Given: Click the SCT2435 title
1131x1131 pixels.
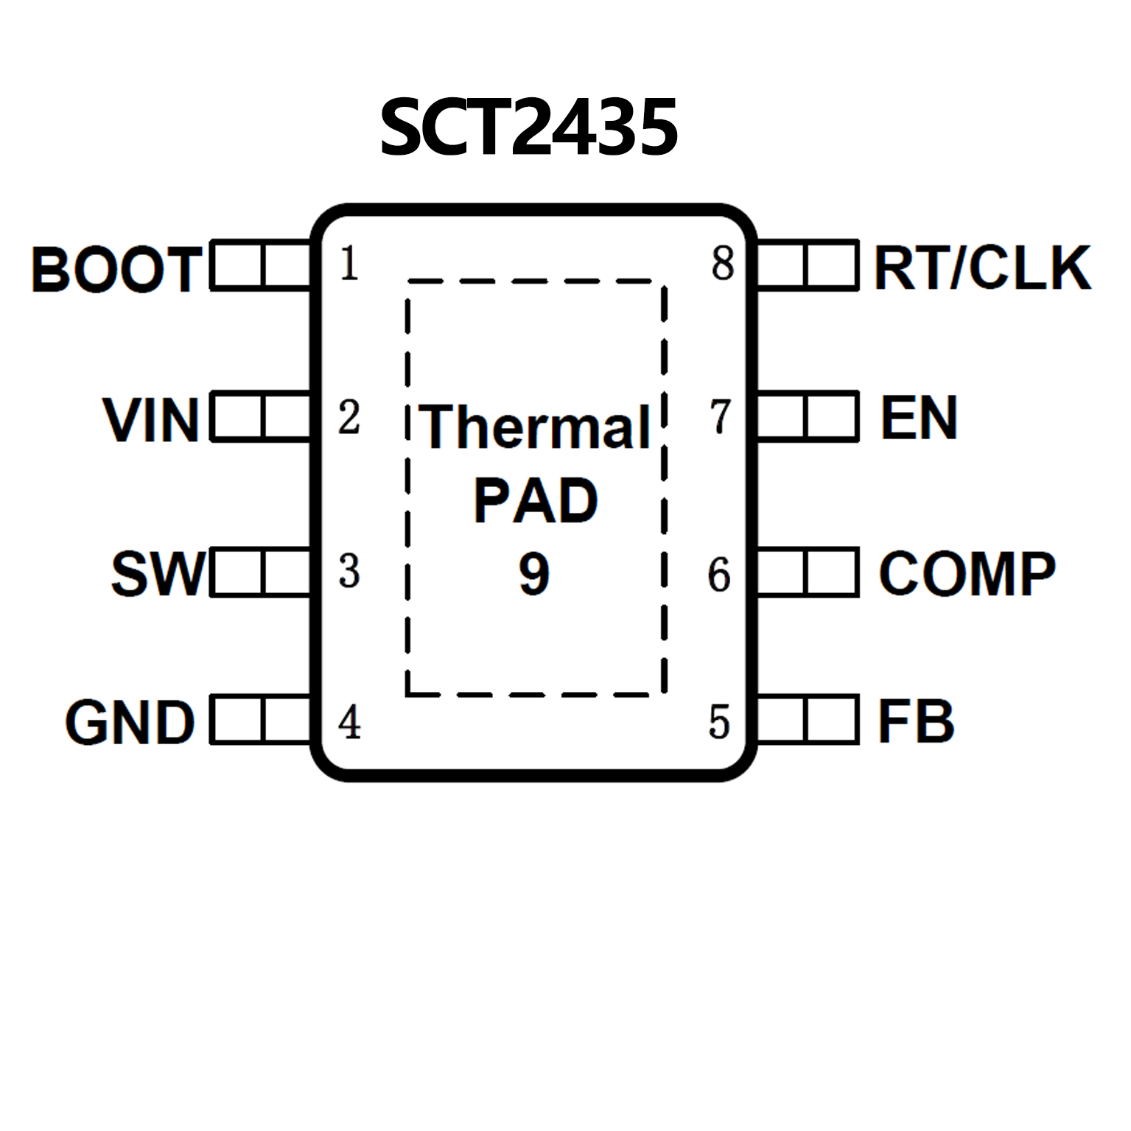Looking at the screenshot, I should tap(528, 128).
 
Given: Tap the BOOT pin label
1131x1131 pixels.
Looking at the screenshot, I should tap(116, 269).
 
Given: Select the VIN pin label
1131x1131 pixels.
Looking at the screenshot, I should tap(151, 421).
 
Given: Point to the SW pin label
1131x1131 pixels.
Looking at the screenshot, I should tap(158, 573).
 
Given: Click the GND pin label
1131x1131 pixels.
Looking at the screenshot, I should tap(130, 722).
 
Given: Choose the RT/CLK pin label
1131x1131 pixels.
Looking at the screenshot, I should tap(981, 267).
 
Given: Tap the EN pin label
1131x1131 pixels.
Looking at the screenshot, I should tap(919, 418).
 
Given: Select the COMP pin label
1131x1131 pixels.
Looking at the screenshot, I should tap(967, 573).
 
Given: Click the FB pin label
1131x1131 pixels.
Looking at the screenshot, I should tap(916, 721).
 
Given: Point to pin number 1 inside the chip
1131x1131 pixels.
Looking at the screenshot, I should tap(349, 263).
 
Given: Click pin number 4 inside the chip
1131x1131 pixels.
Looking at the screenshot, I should tap(349, 722).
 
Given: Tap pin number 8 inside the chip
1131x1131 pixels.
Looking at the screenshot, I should tap(722, 263).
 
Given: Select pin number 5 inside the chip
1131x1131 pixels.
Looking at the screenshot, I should tap(719, 722).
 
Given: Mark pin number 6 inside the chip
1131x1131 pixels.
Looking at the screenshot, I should tap(719, 575).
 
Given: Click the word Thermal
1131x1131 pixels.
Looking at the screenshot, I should tap(536, 427).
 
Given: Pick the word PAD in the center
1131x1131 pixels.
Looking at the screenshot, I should tap(535, 501).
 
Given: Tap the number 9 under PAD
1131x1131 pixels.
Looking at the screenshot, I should tap(534, 574).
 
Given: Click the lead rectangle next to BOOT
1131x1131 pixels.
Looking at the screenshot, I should tap(262, 265).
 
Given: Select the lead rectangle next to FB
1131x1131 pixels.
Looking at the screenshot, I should tap(808, 718).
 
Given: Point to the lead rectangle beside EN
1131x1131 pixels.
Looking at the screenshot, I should tap(808, 417).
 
